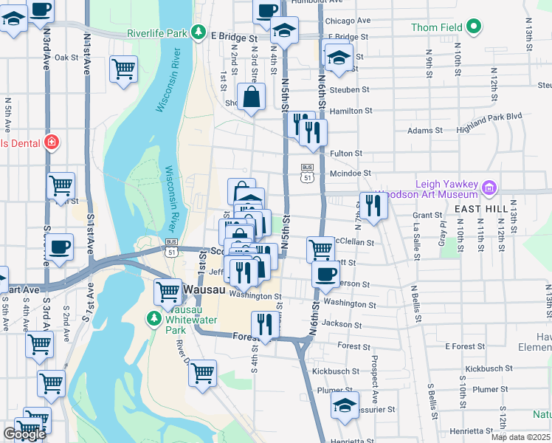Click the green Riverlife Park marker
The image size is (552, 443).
tap(198, 32)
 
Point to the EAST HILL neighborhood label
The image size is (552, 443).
tap(480, 210)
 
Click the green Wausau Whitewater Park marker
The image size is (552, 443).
tap(153, 319)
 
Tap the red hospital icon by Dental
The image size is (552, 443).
tap(51, 142)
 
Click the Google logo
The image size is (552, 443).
tap(24, 434)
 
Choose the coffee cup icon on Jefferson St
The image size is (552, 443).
tap(325, 275)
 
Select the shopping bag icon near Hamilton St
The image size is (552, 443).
tap(251, 97)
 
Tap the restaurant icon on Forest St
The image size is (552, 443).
tap(265, 324)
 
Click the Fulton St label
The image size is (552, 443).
tap(346, 154)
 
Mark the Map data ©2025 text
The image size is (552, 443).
tap(521, 437)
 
